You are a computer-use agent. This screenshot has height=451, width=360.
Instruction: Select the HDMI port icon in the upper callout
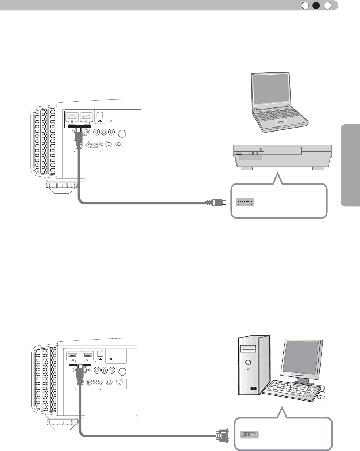[246, 201]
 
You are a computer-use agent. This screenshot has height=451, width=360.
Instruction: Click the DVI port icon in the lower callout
[249, 435]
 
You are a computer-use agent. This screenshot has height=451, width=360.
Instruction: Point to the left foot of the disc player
[246, 169]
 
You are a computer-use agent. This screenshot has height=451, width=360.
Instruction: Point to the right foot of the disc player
[318, 169]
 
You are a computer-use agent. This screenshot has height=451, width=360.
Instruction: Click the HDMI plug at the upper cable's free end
[216, 202]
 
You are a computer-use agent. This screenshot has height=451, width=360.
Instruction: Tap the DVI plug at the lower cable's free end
[222, 435]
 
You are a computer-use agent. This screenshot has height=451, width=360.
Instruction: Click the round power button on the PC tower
[248, 363]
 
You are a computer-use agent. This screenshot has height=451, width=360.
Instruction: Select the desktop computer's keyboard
[289, 391]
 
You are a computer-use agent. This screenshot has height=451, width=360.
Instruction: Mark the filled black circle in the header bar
[317, 5]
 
